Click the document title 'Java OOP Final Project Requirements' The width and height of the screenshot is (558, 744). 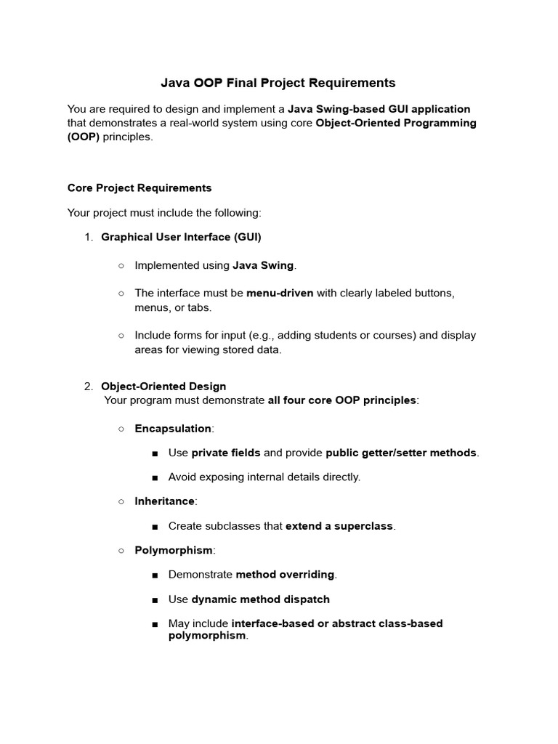tap(278, 83)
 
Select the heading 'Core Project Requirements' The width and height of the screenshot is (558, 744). tap(139, 188)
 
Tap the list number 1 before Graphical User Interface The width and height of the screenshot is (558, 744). tap(89, 237)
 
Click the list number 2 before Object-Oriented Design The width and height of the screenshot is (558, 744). tap(89, 387)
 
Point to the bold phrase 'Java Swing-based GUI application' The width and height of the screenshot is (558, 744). tap(379, 109)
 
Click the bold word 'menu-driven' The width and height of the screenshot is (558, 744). tap(280, 294)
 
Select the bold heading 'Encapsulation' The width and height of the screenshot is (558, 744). tap(173, 429)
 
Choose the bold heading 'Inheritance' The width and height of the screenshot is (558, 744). tap(165, 501)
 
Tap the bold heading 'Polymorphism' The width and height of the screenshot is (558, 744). tap(174, 550)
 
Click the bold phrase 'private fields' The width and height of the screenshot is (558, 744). tap(226, 453)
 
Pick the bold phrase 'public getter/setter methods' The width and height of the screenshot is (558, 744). tap(401, 453)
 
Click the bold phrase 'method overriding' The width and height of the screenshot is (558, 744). tap(286, 575)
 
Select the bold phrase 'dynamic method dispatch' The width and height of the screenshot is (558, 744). tap(260, 599)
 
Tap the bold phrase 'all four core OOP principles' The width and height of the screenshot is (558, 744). tap(342, 400)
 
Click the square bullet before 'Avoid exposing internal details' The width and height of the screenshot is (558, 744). tap(155, 477)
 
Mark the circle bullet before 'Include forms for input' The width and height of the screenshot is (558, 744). tap(121, 336)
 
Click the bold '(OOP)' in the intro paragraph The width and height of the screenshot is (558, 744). tap(84, 137)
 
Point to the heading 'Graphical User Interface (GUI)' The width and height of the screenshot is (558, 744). tap(181, 237)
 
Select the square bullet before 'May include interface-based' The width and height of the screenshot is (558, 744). tap(155, 624)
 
